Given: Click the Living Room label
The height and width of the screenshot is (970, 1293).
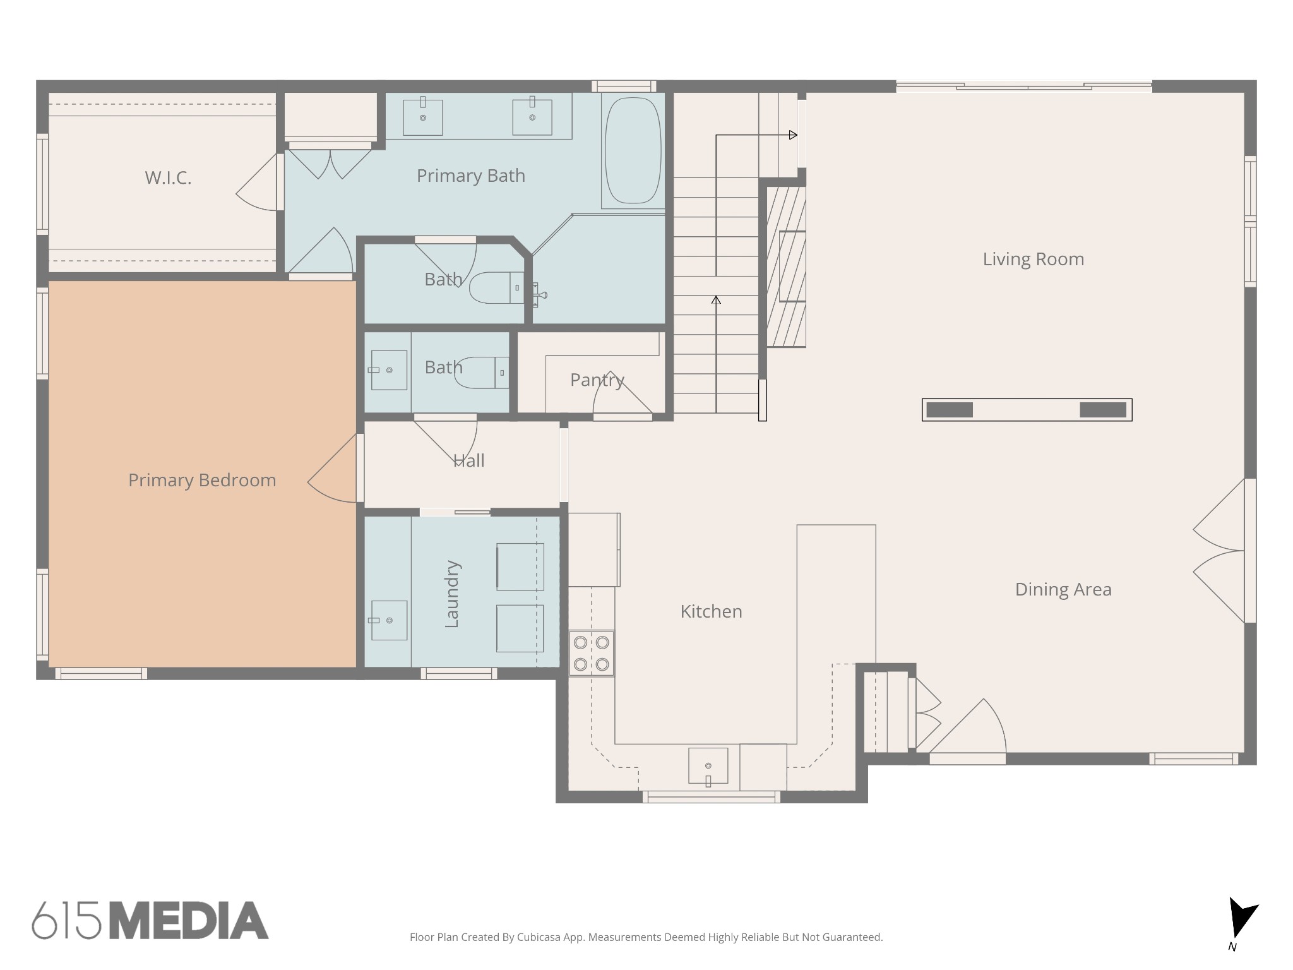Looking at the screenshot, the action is pyautogui.click(x=1034, y=259).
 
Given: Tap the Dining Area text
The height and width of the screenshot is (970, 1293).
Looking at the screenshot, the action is pyautogui.click(x=1063, y=589).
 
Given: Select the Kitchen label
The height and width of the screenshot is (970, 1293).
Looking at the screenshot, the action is pyautogui.click(x=711, y=611).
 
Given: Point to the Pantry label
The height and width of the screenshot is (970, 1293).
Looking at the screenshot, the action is pyautogui.click(x=597, y=380).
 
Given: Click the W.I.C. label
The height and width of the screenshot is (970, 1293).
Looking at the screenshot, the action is pyautogui.click(x=168, y=178).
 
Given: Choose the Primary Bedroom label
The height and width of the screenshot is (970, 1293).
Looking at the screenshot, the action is pyautogui.click(x=202, y=481).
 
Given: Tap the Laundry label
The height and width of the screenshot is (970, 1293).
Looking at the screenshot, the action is pyautogui.click(x=452, y=594).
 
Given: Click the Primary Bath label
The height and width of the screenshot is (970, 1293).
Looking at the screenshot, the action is pyautogui.click(x=471, y=176).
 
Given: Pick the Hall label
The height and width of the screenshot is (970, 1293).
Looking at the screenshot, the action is pyautogui.click(x=469, y=460).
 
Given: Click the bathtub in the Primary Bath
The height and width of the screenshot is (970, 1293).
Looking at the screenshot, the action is pyautogui.click(x=633, y=151).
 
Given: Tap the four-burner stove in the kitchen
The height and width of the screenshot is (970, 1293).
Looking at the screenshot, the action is pyautogui.click(x=592, y=654).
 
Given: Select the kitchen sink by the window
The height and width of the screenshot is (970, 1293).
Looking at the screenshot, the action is pyautogui.click(x=708, y=766).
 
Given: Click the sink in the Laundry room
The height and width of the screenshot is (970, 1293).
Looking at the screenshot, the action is pyautogui.click(x=388, y=620).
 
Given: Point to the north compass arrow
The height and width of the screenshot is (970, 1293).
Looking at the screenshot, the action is pyautogui.click(x=1241, y=918).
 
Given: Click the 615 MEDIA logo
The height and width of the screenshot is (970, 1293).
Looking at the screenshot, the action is pyautogui.click(x=150, y=920).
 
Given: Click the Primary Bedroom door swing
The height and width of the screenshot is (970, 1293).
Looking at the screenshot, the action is pyautogui.click(x=332, y=469).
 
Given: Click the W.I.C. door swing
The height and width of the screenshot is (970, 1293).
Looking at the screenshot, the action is pyautogui.click(x=257, y=182).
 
